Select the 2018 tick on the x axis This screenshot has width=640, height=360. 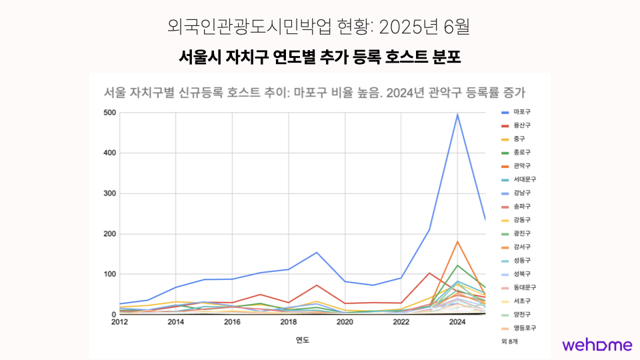tap(289, 322)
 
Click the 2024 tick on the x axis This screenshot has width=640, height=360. tap(457, 322)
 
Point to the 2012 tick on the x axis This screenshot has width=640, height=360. tap(120, 322)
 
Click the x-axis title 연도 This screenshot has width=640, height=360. tap(303, 340)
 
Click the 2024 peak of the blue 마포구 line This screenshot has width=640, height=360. tap(457, 115)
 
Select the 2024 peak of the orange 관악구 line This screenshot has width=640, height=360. tap(457, 241)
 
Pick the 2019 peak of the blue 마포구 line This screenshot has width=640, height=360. tap(317, 252)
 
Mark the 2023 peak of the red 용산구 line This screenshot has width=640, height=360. tap(429, 273)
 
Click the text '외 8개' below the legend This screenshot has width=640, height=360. tap(509, 341)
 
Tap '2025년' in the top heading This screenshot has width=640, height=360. tap(406, 27)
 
